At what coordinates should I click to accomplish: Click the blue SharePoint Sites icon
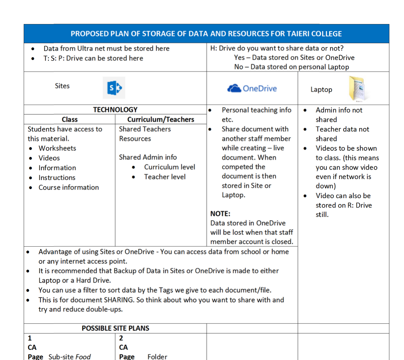[114, 88]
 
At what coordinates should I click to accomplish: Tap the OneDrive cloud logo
[234, 88]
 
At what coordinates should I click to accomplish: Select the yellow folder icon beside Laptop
[357, 89]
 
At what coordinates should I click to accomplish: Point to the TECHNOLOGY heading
[115, 110]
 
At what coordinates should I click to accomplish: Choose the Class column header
[69, 119]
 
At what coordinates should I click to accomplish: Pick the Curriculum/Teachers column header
[160, 119]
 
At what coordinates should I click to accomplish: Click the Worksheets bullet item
[57, 148]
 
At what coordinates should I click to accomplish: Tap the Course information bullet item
[68, 187]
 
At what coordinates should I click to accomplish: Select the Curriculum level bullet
[170, 167]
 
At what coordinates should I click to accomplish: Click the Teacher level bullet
[165, 177]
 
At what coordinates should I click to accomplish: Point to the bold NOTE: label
[220, 213]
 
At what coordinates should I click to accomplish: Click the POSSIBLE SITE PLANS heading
[115, 328]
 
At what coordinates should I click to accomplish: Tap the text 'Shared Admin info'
[148, 157]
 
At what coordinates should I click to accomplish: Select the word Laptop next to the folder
[321, 90]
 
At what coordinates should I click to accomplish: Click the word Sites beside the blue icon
[62, 86]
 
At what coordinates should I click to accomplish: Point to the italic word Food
[83, 357]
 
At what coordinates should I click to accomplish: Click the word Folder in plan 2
[157, 357]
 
